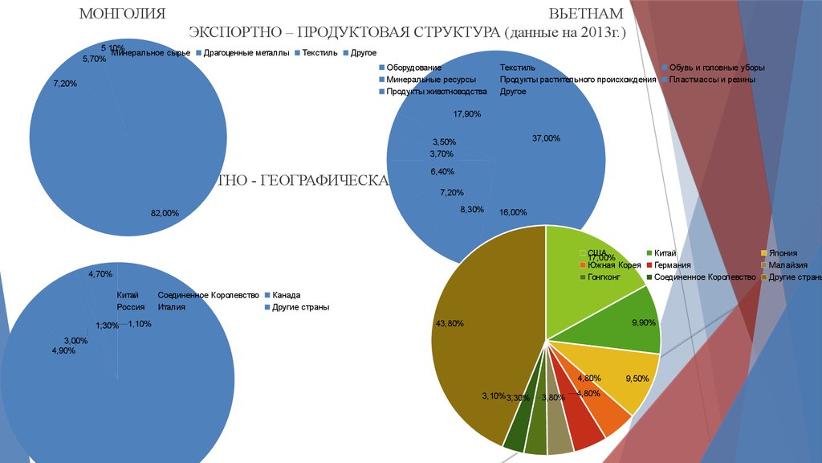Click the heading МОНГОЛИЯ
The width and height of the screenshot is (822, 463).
click(122, 14)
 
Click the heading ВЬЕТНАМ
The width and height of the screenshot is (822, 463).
click(575, 14)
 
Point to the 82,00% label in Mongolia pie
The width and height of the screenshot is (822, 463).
click(165, 213)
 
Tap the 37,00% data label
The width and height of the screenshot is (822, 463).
click(546, 138)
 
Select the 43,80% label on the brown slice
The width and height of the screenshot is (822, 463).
click(450, 323)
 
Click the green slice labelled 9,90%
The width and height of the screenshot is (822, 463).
click(626, 322)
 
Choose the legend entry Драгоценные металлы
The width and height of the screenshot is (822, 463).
click(246, 53)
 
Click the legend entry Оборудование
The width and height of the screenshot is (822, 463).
click(413, 68)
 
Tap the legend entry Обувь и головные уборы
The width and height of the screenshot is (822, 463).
click(717, 68)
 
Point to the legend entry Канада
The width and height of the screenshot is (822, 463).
click(286, 295)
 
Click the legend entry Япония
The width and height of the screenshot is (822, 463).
click(782, 253)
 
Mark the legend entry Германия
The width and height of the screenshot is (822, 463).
click(673, 265)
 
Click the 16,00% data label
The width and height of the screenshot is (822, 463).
click(513, 212)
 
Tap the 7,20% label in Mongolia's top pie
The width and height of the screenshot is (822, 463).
click(64, 84)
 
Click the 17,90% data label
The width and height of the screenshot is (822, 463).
click(466, 114)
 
